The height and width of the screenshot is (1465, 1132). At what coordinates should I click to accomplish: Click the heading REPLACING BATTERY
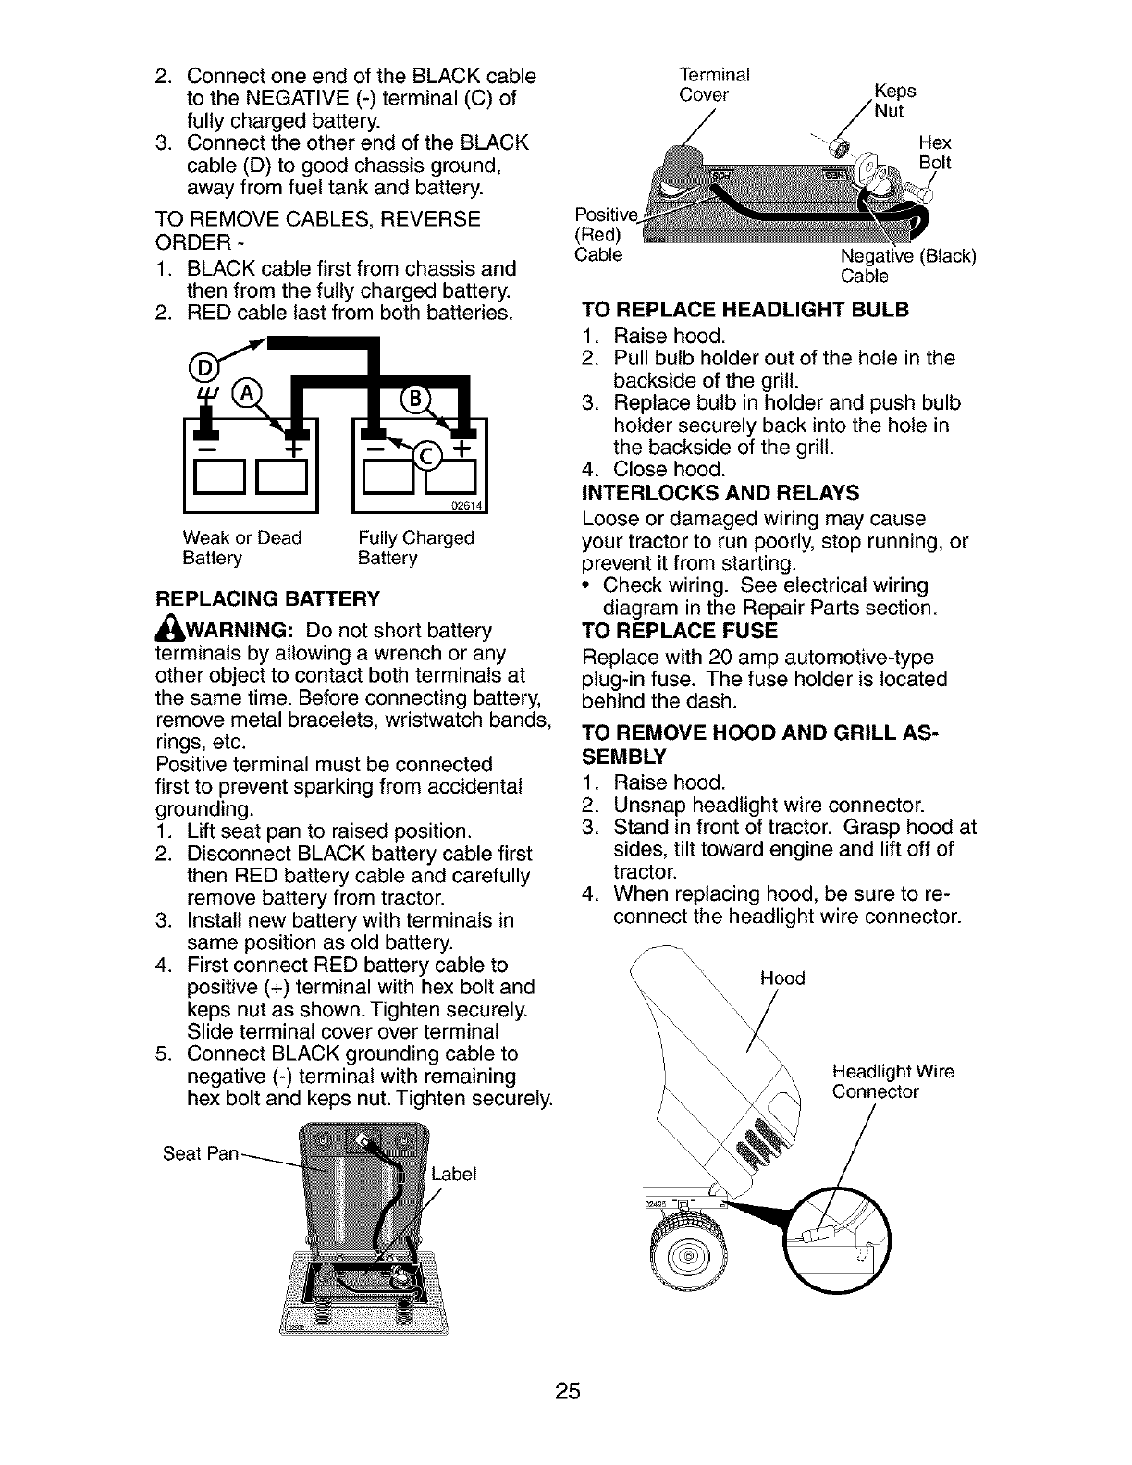coord(268,598)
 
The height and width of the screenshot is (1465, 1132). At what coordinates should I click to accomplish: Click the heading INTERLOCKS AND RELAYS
coord(721,492)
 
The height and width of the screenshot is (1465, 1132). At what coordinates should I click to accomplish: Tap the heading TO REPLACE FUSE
coord(680,632)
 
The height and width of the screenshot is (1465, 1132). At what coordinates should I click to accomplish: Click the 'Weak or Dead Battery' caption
coord(241,548)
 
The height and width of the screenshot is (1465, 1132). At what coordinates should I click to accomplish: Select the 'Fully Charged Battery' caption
coord(415,548)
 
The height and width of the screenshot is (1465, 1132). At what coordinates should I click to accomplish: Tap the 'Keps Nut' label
coord(892,101)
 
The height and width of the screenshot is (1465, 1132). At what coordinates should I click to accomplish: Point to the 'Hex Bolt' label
coord(935,154)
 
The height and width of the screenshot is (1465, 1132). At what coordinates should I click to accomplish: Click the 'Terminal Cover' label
coord(714,84)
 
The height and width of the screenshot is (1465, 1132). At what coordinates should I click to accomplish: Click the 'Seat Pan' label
coord(201,1153)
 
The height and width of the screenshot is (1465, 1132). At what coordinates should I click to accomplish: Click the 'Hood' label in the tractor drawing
coord(782,978)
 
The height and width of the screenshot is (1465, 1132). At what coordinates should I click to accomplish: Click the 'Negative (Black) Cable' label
coord(907,265)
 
